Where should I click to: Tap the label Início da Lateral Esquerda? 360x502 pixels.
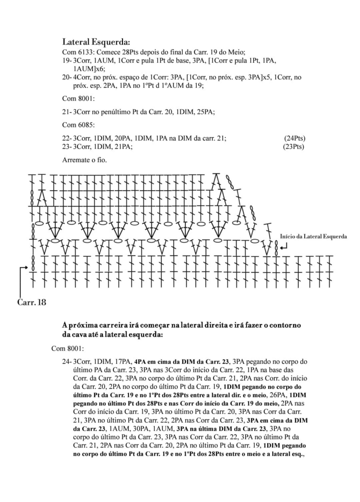coord(313,236)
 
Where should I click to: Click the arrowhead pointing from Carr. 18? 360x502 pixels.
coord(24,268)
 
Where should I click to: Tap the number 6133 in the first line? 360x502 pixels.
coord(85,52)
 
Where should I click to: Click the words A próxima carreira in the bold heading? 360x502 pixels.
coord(93,326)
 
